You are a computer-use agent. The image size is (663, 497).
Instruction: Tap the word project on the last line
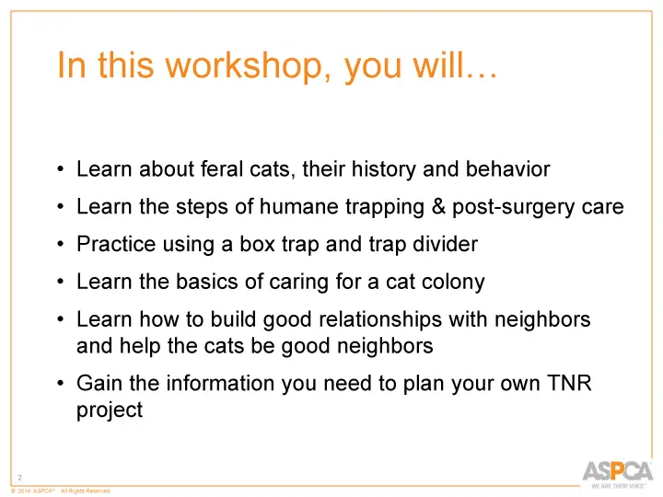tap(109, 410)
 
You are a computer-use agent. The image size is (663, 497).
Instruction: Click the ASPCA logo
tap(616, 474)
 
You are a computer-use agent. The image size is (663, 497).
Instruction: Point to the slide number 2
tap(19, 477)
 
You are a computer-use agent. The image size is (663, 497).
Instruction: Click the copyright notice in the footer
tap(60, 491)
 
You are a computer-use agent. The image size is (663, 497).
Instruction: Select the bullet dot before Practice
tap(59, 246)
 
